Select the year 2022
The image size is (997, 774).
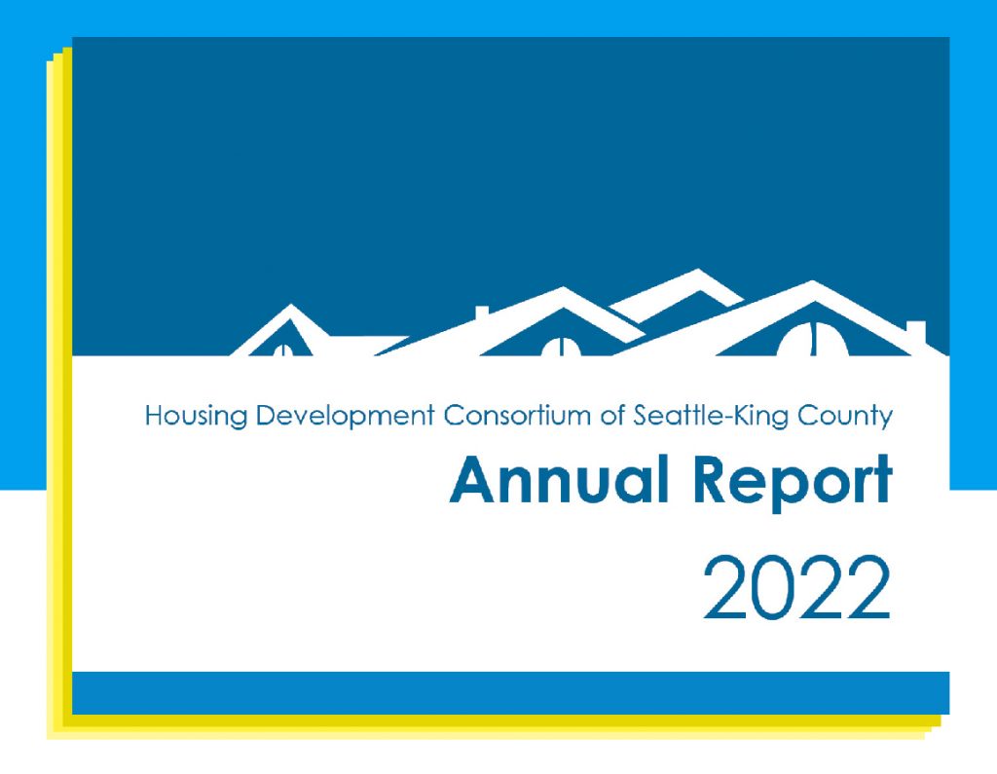[x=796, y=589]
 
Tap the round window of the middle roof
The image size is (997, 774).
[x=560, y=346]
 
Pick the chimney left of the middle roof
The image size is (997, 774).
[x=481, y=313]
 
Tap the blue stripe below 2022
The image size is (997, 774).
[x=510, y=692]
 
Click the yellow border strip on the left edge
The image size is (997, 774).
[x=58, y=389]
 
